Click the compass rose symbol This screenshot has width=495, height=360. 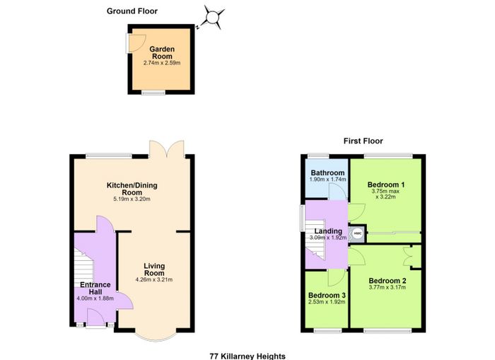coord(212,18)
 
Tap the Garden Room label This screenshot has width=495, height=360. coord(162,53)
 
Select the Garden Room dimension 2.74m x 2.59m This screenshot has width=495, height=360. coord(162,63)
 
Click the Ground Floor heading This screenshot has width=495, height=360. coord(132,11)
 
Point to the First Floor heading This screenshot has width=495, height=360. coord(363,141)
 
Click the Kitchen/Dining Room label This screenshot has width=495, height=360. coord(132,189)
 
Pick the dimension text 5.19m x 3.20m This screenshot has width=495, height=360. coord(132,199)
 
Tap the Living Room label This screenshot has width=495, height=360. coord(154,269)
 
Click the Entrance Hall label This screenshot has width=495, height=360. coord(95,288)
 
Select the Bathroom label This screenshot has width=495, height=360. coord(327,173)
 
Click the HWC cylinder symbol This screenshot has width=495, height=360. coord(357,233)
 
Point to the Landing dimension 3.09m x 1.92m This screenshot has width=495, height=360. coord(328,238)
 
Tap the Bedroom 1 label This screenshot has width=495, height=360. coord(386,185)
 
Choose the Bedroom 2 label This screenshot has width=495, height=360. coord(388,281)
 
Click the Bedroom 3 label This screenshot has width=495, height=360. coord(327,295)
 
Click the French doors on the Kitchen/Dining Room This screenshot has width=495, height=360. coord(167,149)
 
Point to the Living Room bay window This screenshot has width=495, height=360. coord(156,337)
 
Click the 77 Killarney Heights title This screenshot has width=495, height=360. coord(248,356)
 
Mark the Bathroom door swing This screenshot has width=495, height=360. coord(337,192)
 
